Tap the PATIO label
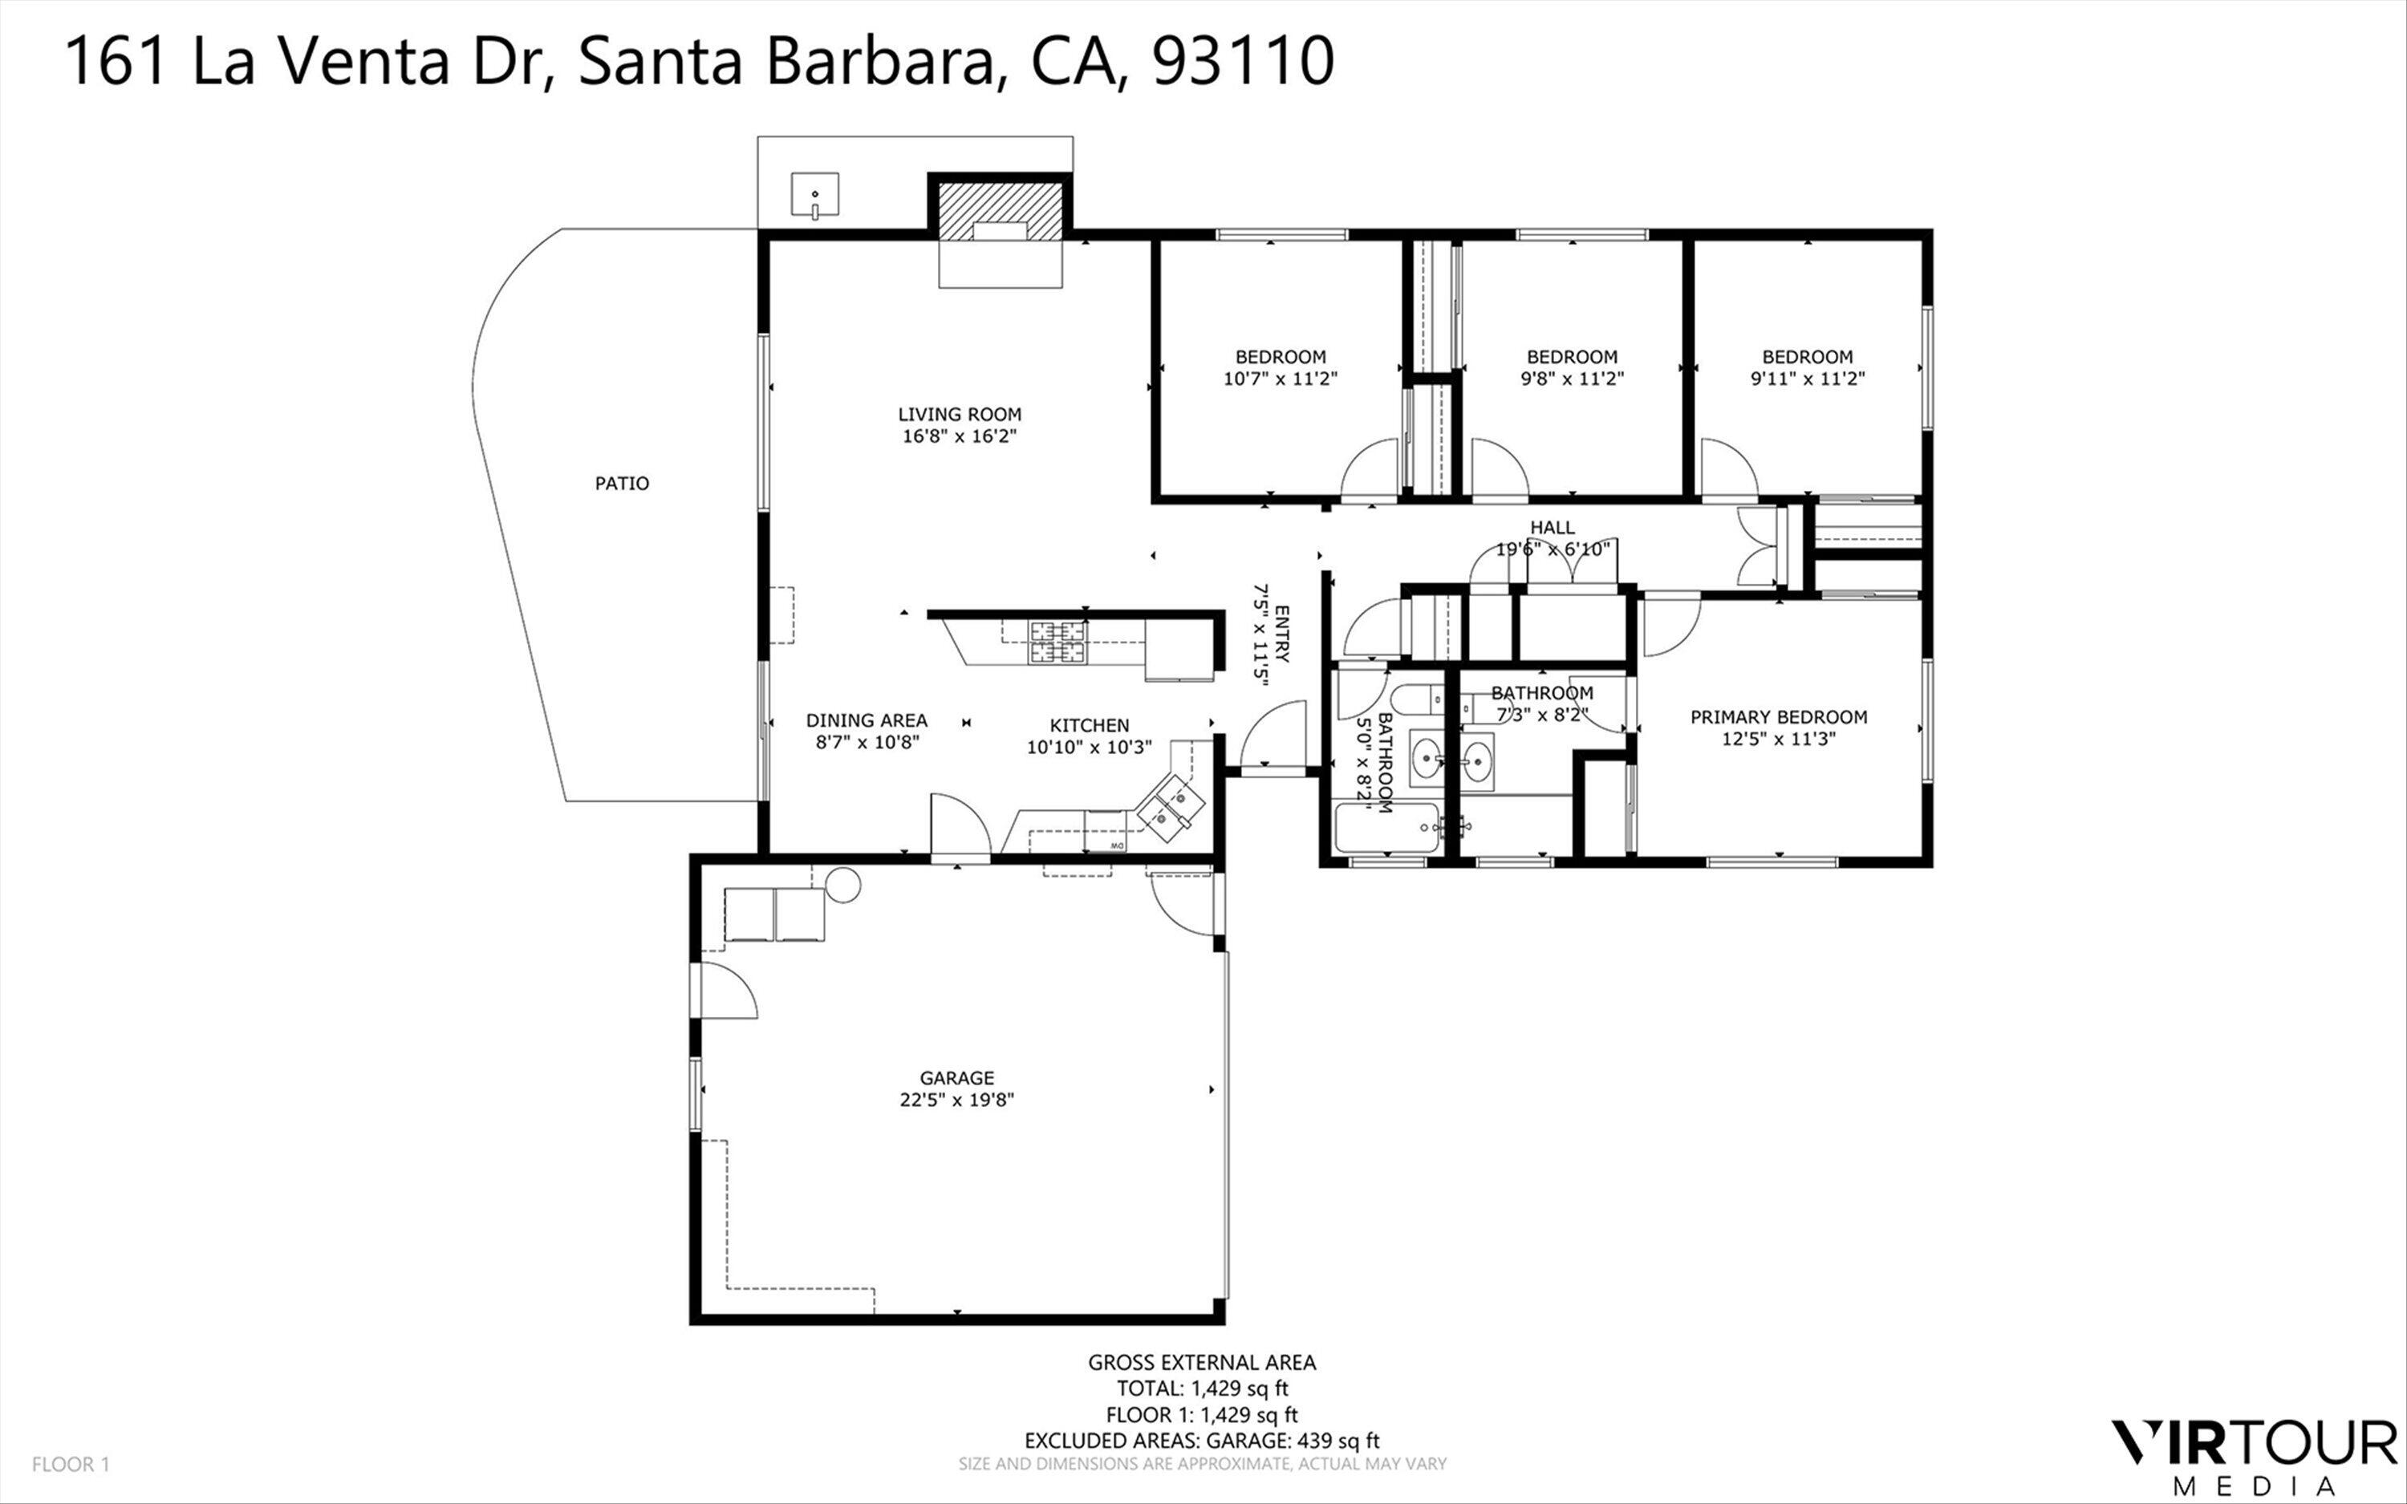tap(622, 484)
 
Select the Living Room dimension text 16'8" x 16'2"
tap(959, 436)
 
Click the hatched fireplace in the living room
tap(1001, 212)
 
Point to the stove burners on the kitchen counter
tap(1057, 642)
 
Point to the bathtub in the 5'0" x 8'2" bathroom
tap(1386, 828)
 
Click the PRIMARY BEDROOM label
tap(1779, 716)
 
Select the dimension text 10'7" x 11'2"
tap(1280, 378)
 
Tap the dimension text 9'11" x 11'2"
tap(1807, 378)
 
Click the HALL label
tap(1552, 527)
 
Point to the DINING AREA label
tap(867, 720)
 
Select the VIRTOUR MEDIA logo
tap(2253, 1457)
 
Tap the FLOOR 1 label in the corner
tap(71, 1464)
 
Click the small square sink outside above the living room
tap(814, 194)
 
